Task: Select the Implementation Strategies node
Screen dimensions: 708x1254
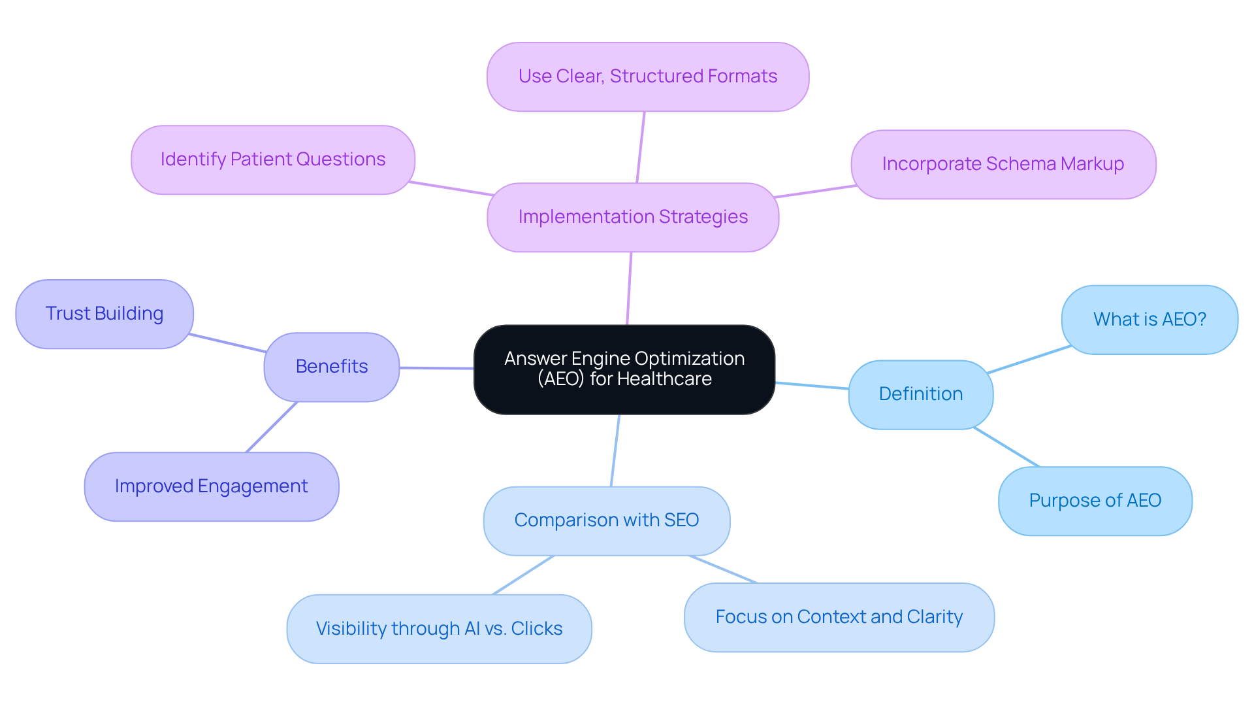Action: [632, 217]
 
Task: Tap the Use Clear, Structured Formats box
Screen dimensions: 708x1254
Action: [647, 77]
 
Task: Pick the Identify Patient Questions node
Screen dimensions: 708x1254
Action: [272, 160]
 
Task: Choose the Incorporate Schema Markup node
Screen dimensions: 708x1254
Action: [1003, 164]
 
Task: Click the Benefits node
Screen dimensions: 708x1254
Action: [331, 367]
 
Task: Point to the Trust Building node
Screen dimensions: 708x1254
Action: [104, 314]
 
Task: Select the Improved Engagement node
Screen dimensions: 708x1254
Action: [211, 486]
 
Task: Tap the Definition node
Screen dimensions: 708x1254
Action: [920, 394]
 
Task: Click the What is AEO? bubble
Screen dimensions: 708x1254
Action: [1149, 320]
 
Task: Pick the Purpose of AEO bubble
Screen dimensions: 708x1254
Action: [1095, 501]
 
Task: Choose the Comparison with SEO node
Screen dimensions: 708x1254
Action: [606, 520]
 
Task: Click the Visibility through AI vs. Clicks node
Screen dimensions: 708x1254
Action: [439, 629]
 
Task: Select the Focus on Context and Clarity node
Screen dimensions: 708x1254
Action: [839, 617]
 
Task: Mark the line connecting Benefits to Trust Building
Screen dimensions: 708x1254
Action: [227, 343]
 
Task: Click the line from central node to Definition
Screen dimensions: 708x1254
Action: [811, 386]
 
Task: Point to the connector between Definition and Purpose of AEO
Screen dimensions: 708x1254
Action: [1006, 447]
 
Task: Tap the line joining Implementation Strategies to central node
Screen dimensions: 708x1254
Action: [629, 288]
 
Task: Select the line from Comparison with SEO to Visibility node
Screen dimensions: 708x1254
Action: [522, 575]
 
